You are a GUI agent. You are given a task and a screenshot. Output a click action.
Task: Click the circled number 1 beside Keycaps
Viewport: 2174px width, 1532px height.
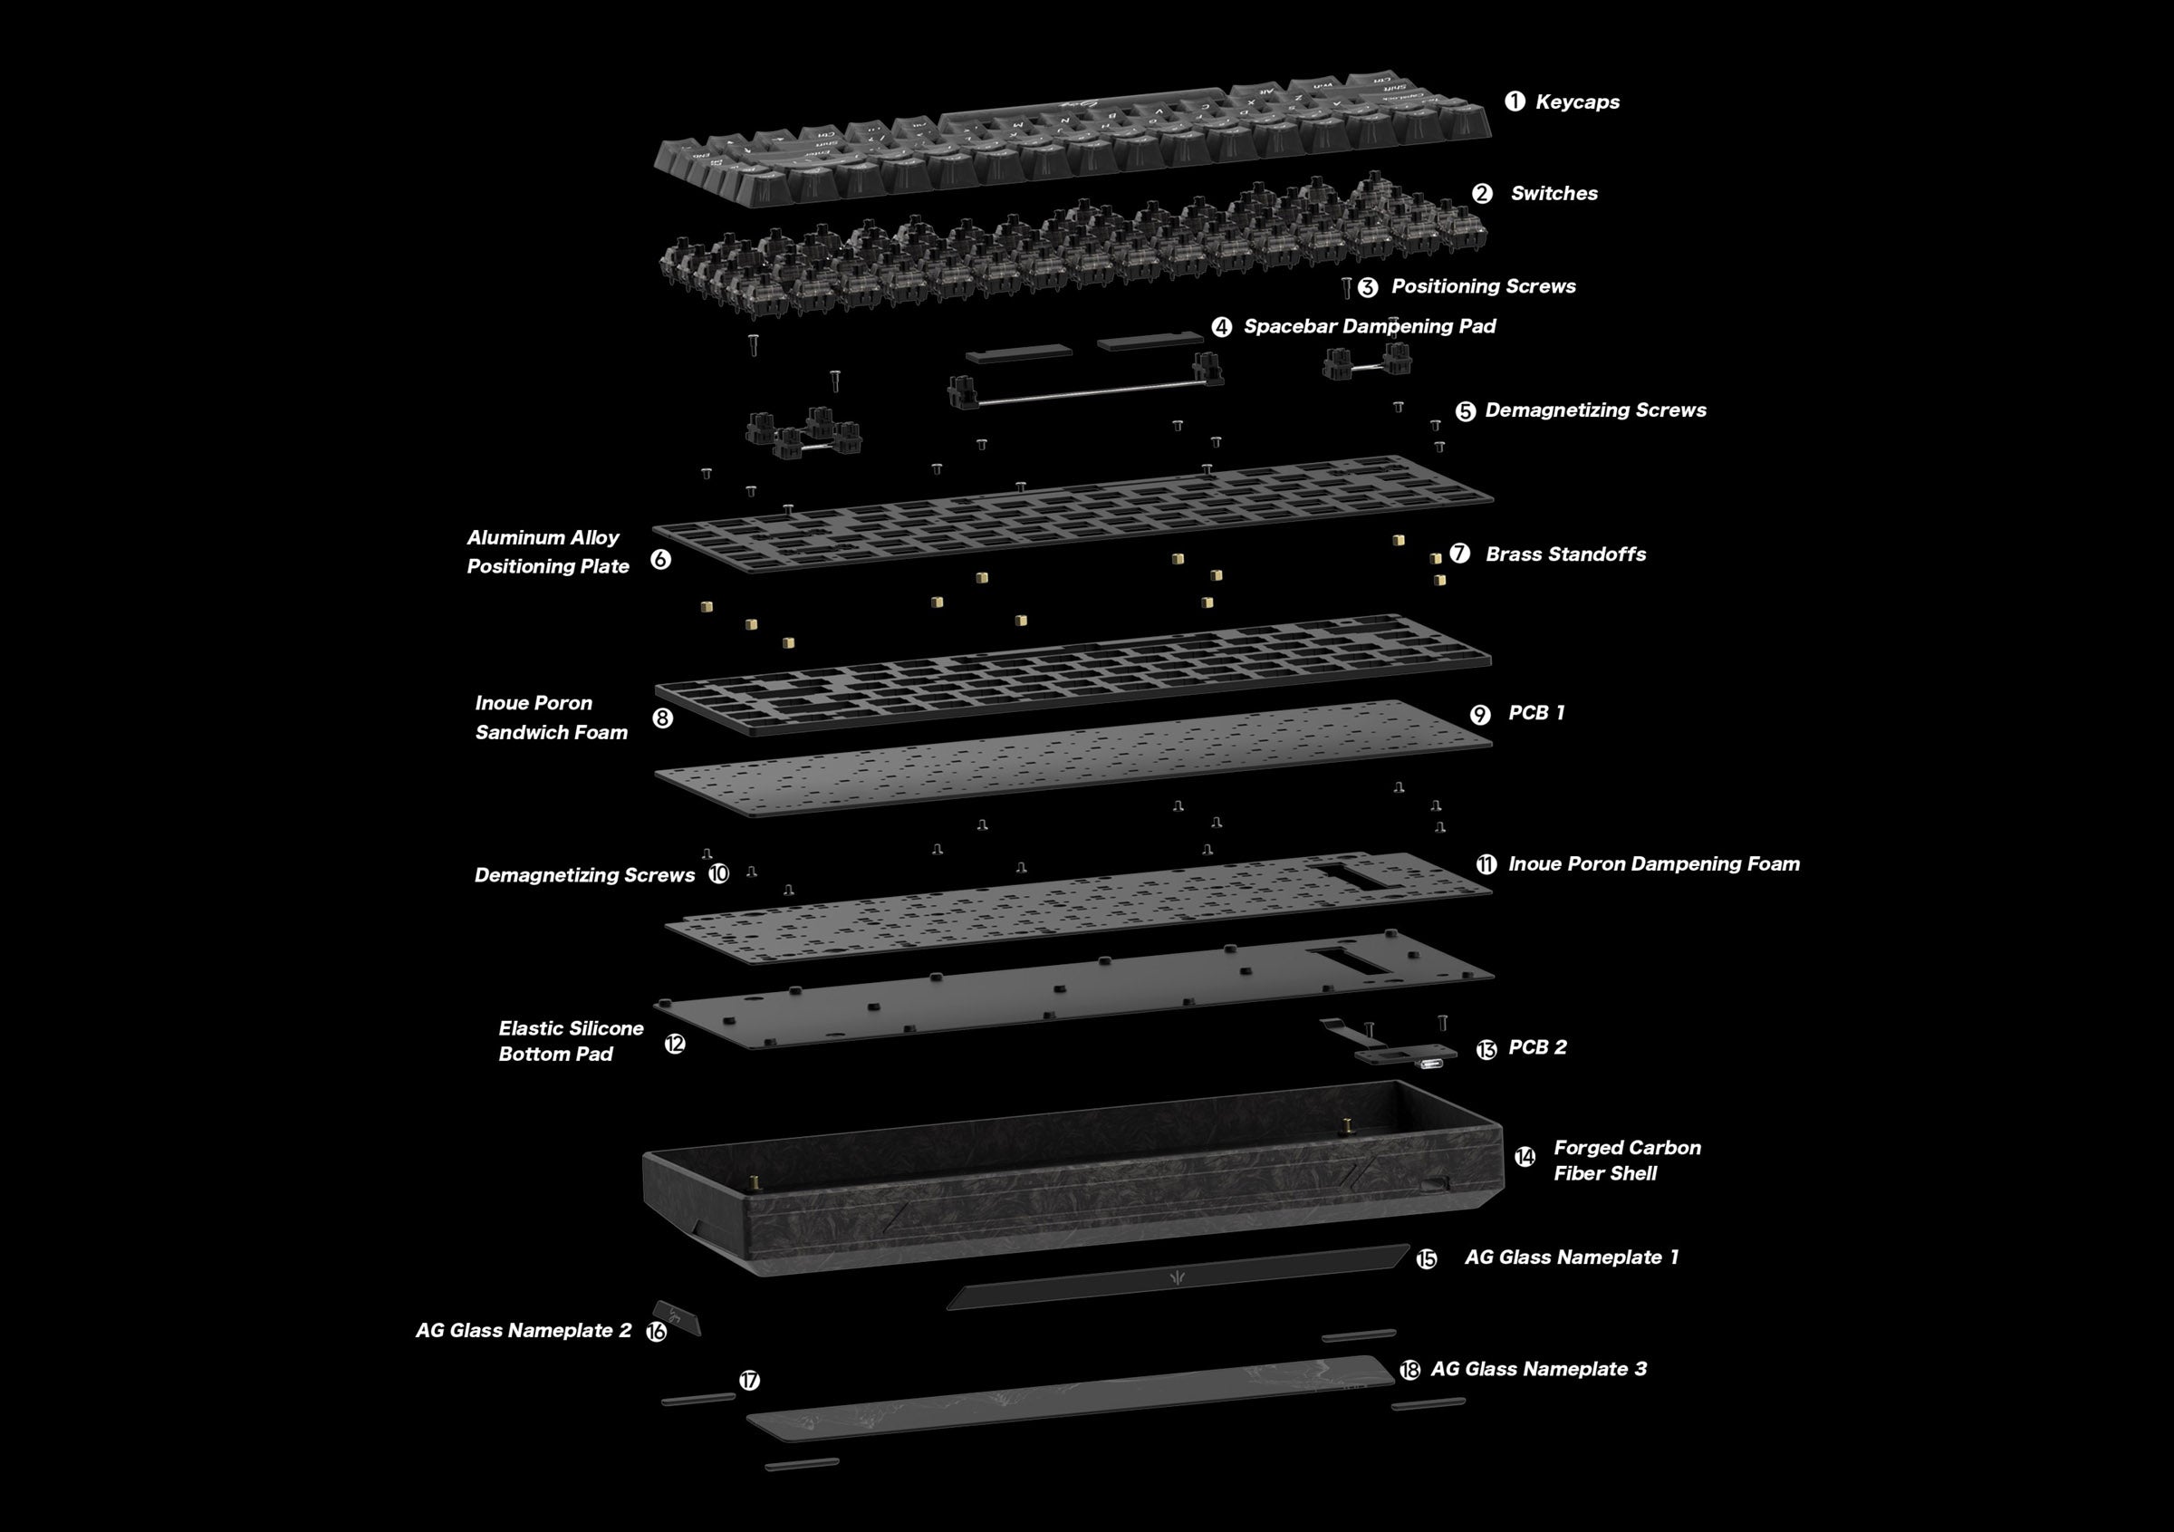point(1515,101)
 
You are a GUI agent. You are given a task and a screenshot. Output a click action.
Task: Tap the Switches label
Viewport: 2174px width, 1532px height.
point(1554,193)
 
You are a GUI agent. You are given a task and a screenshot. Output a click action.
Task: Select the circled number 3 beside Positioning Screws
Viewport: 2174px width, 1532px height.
point(1367,287)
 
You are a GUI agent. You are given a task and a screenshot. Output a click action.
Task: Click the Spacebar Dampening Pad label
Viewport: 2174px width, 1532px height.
point(1369,327)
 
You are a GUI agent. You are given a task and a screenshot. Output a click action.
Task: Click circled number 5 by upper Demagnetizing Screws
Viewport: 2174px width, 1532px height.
point(1465,411)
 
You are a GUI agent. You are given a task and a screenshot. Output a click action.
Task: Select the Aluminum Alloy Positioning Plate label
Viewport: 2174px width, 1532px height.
point(547,551)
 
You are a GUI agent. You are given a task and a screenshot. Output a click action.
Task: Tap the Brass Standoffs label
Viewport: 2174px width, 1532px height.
point(1565,554)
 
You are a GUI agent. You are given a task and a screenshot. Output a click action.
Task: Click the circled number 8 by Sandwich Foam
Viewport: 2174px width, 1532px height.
point(663,718)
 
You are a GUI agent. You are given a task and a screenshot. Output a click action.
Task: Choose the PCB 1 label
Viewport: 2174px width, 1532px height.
point(1535,712)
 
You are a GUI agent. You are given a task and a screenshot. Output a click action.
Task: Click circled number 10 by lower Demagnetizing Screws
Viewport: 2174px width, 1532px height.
point(718,874)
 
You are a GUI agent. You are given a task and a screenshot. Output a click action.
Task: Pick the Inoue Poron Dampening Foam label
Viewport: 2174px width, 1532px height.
point(1653,863)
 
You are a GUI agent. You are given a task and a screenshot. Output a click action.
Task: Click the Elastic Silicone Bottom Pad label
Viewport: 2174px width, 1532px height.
point(570,1041)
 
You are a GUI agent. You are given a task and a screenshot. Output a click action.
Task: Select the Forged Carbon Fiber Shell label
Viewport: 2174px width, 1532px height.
point(1626,1160)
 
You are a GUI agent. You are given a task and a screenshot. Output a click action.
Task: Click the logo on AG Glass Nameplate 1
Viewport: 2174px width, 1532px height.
point(1178,1278)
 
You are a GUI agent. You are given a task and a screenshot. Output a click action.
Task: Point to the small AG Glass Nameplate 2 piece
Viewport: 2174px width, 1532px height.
point(676,1317)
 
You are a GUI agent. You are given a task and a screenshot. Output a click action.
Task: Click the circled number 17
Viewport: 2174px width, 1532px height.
point(749,1381)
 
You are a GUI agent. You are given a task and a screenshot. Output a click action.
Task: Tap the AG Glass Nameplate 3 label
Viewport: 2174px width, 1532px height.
point(1538,1369)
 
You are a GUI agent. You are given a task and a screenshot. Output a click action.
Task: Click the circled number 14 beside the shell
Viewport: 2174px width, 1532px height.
point(1525,1157)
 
